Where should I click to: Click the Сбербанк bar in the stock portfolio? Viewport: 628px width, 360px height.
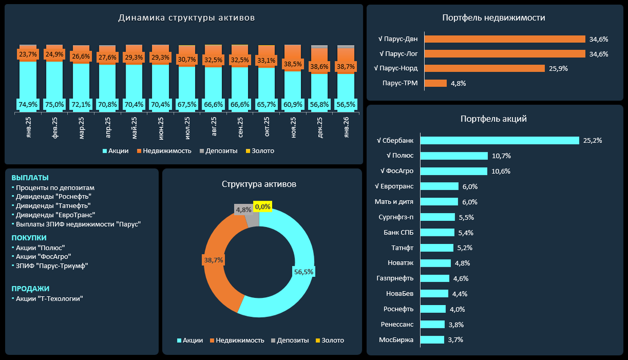pyautogui.click(x=500, y=140)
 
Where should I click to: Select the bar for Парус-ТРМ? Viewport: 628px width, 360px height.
pyautogui.click(x=435, y=83)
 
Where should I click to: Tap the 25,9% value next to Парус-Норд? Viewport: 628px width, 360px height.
pyautogui.click(x=557, y=69)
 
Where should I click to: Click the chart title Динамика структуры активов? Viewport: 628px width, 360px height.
pyautogui.click(x=186, y=18)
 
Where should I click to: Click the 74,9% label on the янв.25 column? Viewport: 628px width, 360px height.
pyautogui.click(x=28, y=104)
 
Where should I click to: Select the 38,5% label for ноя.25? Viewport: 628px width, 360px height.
pyautogui.click(x=293, y=64)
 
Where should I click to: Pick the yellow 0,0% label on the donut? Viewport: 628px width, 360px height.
pyautogui.click(x=262, y=207)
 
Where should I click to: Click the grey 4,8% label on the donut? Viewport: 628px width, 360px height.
pyautogui.click(x=244, y=209)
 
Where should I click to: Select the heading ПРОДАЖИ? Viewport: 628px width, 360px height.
pyautogui.click(x=30, y=288)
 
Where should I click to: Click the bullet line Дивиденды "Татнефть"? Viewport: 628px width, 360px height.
pyautogui.click(x=53, y=206)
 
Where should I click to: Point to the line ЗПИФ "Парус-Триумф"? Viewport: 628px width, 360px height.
pyautogui.click(x=52, y=265)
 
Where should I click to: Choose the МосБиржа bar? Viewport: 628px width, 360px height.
pyautogui.click(x=433, y=340)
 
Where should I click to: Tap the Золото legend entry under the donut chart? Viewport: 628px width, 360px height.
pyautogui.click(x=329, y=340)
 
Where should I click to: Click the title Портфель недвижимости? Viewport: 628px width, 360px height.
pyautogui.click(x=494, y=18)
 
